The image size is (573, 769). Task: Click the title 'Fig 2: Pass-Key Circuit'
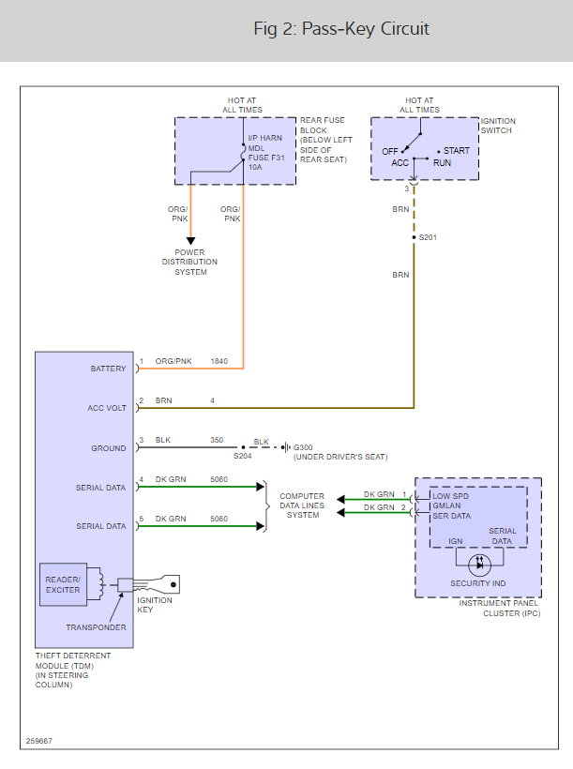[x=341, y=29]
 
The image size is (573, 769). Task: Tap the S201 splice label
[x=429, y=237]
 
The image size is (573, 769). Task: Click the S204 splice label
[x=242, y=457]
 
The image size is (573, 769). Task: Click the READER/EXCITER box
[x=64, y=584]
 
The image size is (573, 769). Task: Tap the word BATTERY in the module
[x=108, y=369]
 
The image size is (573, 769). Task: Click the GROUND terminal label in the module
[x=108, y=448]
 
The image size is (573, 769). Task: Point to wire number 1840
[x=219, y=361]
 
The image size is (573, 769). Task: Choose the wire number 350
[x=219, y=440]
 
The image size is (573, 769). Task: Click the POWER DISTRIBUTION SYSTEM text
[x=189, y=263]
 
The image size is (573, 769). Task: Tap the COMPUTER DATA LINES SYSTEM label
[x=303, y=505]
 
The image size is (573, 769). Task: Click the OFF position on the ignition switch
[x=390, y=151]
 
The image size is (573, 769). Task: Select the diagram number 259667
[x=39, y=741]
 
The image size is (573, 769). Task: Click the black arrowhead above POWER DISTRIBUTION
[x=190, y=241]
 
